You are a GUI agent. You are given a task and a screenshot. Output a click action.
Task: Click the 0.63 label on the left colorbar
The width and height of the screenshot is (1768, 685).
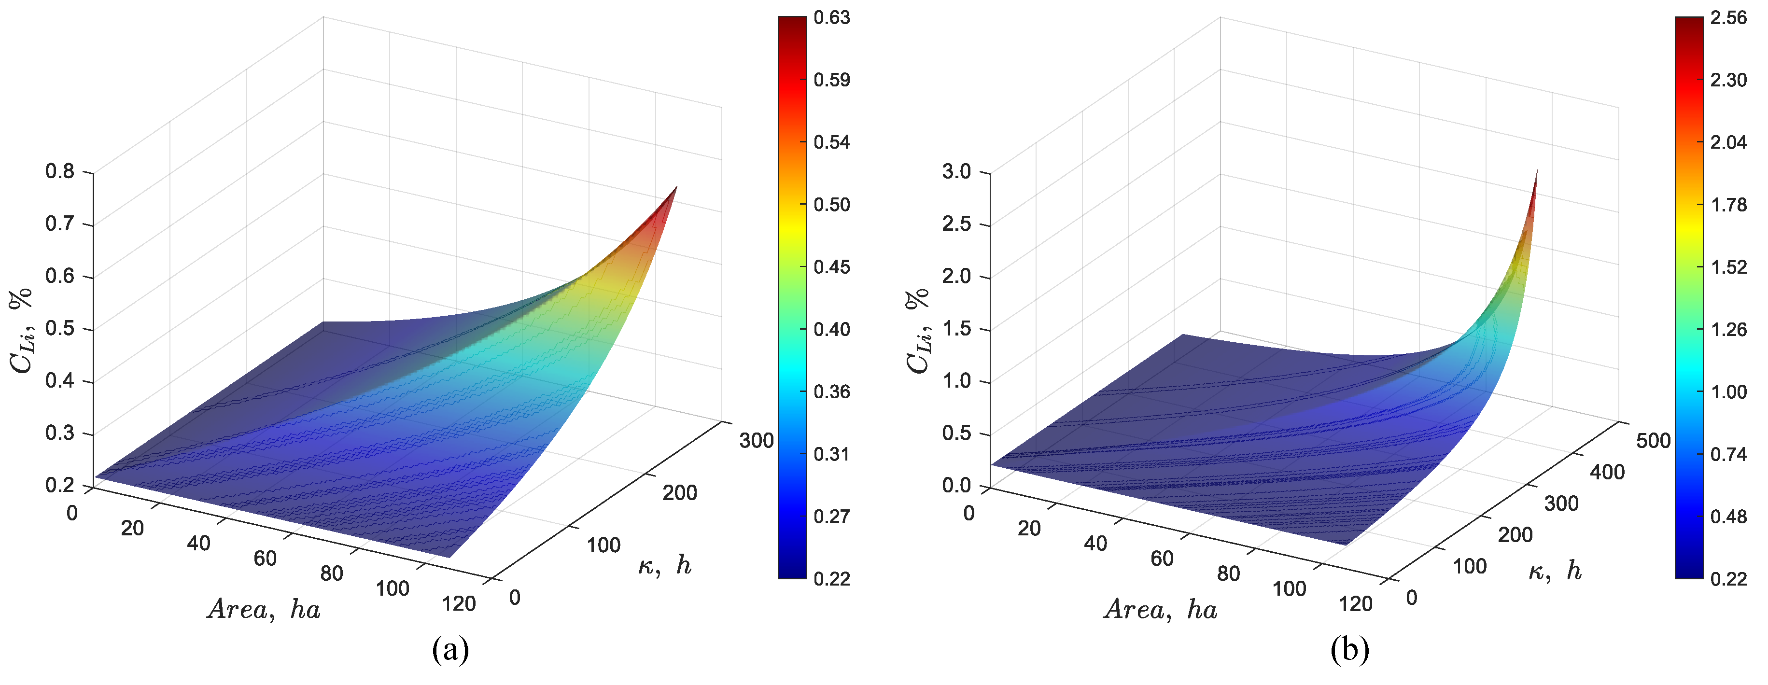831,18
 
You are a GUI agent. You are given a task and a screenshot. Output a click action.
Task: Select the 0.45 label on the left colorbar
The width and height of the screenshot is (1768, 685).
831,267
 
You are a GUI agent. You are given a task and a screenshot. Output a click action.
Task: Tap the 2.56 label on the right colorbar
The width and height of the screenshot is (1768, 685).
1728,18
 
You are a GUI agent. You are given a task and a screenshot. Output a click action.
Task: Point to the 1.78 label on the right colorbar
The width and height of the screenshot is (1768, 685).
1728,205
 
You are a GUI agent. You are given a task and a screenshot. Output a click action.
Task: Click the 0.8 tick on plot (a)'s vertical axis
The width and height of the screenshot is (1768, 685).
60,171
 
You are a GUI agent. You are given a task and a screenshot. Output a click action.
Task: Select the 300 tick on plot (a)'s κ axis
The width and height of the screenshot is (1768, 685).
756,441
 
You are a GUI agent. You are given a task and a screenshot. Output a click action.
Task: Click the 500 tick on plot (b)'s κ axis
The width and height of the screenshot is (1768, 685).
1653,441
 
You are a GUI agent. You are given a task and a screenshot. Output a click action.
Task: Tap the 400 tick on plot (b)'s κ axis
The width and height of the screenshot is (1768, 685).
1607,472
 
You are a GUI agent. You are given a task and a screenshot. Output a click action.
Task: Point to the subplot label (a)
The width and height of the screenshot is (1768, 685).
450,649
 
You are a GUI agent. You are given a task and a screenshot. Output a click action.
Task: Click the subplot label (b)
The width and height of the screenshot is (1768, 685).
1349,649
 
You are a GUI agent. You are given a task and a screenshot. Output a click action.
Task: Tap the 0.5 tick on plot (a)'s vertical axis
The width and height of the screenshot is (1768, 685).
60,328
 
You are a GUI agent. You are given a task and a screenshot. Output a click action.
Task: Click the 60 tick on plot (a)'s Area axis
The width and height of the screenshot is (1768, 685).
265,558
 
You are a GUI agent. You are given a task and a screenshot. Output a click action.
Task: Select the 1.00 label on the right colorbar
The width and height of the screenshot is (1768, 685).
1728,392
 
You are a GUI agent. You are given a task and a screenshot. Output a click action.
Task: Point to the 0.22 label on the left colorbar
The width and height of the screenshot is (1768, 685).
831,579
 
